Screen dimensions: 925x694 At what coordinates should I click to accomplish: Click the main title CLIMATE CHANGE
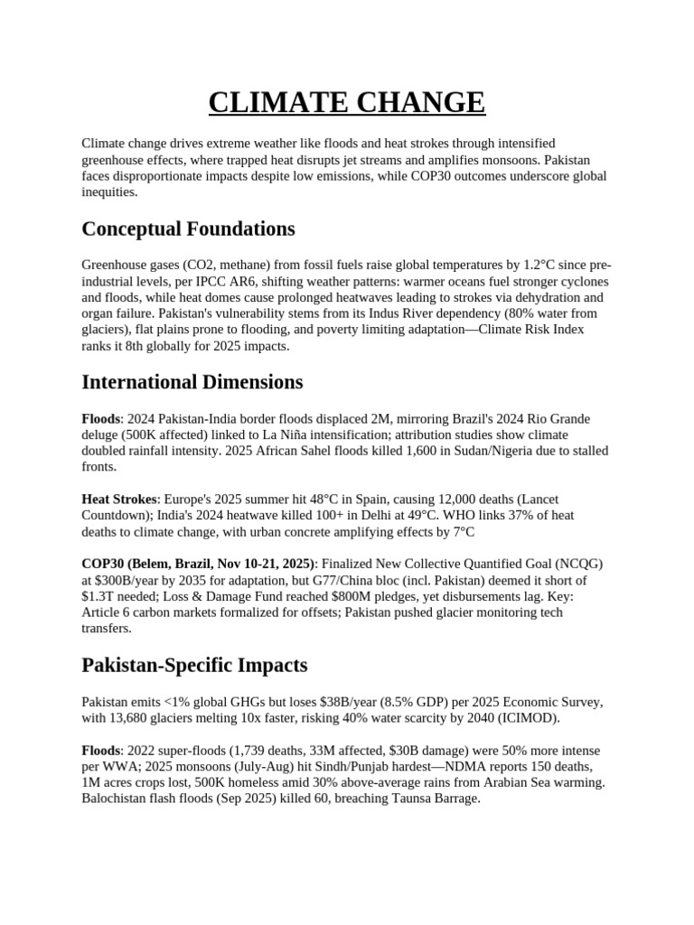pyautogui.click(x=347, y=102)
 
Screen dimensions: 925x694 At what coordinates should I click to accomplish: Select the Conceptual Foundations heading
pyautogui.click(x=188, y=229)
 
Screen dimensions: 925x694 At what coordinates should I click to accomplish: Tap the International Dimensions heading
pyautogui.click(x=192, y=382)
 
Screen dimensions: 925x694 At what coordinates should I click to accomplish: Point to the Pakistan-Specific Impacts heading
pyautogui.click(x=194, y=666)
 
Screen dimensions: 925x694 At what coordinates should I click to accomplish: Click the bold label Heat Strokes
pyautogui.click(x=117, y=499)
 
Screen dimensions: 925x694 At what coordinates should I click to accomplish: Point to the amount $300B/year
pyautogui.click(x=127, y=580)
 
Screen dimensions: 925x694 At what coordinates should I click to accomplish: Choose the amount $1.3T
pyautogui.click(x=102, y=596)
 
